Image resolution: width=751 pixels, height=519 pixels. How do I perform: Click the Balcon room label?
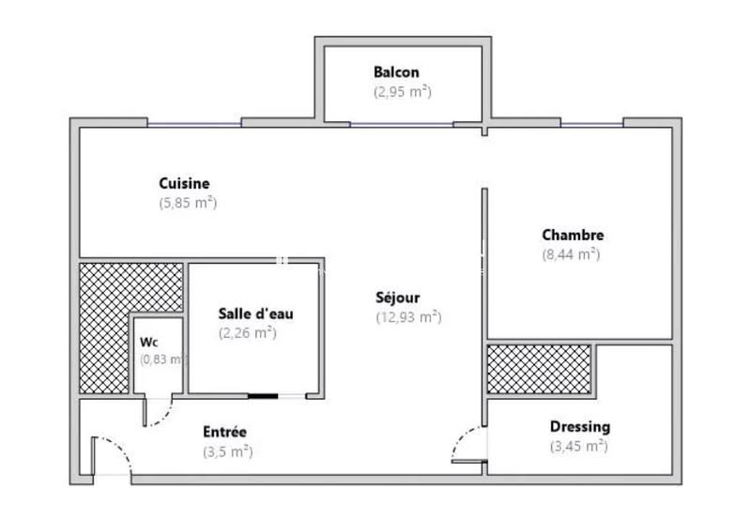coord(396,72)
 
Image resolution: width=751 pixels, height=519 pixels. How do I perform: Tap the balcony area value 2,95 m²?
coord(401,92)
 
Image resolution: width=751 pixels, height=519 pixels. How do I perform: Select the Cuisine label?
coord(184,184)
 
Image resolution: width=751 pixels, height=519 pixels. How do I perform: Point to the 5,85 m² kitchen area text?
coord(188,202)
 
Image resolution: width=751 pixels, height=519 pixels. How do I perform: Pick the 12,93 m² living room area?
coord(408,317)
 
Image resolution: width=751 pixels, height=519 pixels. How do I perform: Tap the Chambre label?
coord(573,236)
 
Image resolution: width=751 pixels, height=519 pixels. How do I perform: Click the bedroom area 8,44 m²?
coord(571,253)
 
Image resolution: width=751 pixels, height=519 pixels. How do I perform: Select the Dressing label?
coord(579,427)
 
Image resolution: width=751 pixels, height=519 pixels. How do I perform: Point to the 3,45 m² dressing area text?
coord(578,446)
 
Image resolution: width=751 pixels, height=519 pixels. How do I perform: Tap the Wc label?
coord(149,342)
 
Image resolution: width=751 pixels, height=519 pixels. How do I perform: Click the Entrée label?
coord(224,432)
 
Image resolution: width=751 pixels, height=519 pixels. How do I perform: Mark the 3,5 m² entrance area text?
coord(227,451)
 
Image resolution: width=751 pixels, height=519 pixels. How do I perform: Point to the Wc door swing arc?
coord(164,413)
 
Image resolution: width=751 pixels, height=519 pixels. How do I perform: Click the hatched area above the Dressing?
coord(539,369)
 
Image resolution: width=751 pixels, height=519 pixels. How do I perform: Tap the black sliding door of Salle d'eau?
coord(263,396)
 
